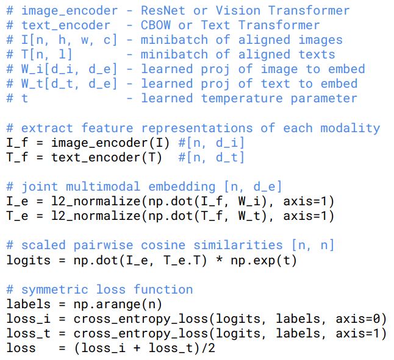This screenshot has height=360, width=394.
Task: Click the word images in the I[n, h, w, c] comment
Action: coord(320,40)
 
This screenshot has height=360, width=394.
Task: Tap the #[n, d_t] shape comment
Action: coord(211,157)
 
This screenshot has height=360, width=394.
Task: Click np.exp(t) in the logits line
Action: coord(260,260)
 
